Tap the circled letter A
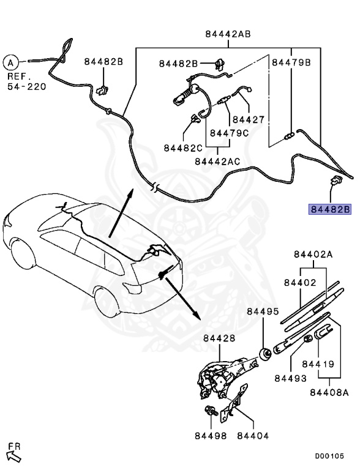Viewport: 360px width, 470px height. click(x=10, y=61)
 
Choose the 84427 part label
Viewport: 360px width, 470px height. click(x=248, y=120)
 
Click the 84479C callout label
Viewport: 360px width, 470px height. click(x=228, y=133)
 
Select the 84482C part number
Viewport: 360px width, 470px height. click(x=182, y=147)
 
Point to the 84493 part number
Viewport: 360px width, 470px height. click(x=290, y=379)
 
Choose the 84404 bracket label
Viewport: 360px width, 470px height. click(x=252, y=436)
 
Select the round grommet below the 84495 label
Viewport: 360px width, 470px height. click(x=266, y=354)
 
